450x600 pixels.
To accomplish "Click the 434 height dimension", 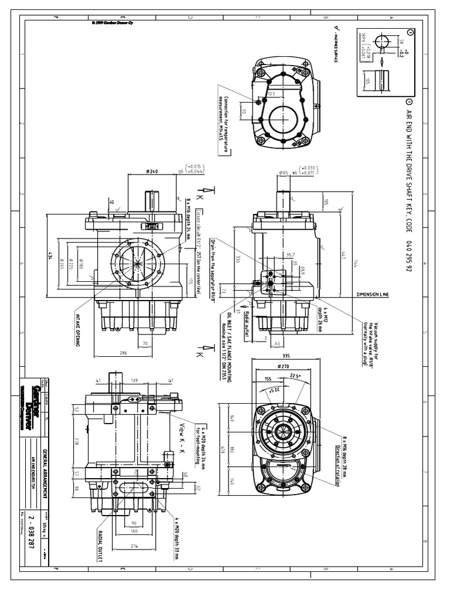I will [x=51, y=257].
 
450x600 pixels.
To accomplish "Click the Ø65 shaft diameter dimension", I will [x=285, y=173].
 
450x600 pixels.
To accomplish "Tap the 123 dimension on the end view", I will [x=271, y=94].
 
